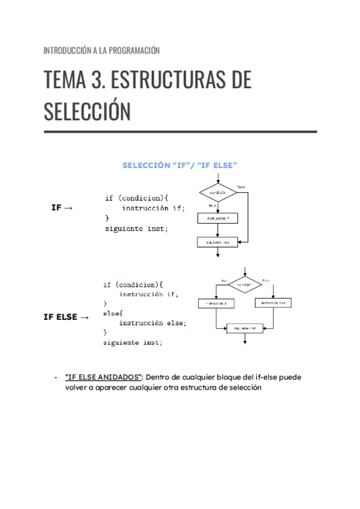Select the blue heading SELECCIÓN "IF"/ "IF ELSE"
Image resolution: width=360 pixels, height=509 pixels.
click(180, 164)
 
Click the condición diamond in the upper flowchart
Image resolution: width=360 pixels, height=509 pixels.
click(218, 193)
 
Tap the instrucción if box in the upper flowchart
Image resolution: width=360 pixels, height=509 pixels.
click(218, 219)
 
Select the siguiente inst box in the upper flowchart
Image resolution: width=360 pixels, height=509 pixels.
click(218, 242)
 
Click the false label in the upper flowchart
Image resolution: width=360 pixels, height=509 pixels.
click(241, 187)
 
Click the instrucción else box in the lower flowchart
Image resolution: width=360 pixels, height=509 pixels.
click(274, 304)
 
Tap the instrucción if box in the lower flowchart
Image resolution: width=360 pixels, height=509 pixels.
click(216, 304)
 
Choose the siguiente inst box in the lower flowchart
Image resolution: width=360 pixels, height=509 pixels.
click(245, 328)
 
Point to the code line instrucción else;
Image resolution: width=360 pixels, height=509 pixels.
click(152, 323)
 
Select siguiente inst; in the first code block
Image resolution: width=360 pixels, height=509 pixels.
click(137, 229)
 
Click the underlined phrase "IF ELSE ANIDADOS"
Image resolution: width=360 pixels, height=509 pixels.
click(103, 377)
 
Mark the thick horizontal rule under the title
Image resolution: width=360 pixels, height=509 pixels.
click(180, 131)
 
